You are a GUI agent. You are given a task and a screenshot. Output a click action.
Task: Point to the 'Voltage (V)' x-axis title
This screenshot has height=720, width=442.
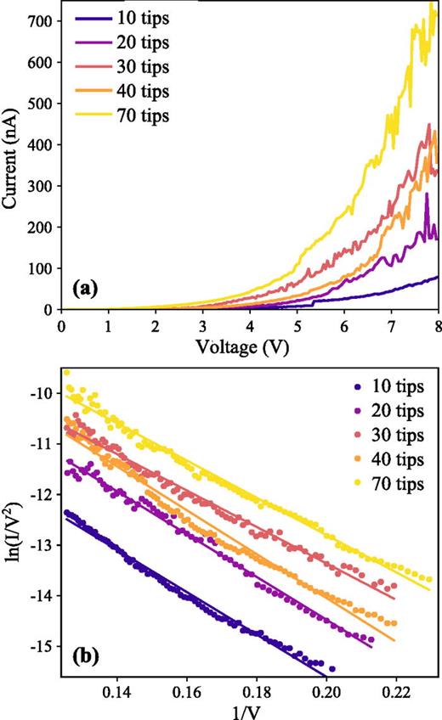tap(250, 346)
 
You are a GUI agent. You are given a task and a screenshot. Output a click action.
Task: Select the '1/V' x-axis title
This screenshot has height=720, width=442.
tap(249, 709)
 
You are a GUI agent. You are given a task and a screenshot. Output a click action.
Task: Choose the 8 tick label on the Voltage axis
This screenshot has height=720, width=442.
tap(439, 326)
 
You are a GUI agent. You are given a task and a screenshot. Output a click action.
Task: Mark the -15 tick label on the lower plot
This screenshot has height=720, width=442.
tap(42, 646)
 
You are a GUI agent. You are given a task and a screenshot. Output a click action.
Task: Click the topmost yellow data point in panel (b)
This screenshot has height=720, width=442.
tap(66, 372)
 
